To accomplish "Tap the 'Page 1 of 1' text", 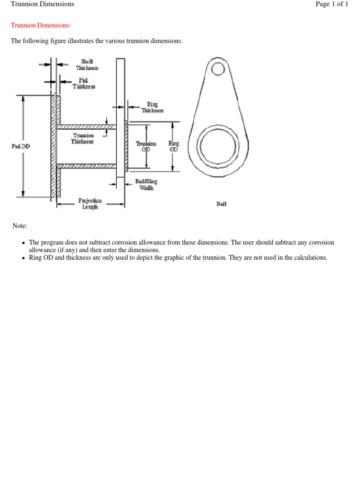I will [x=331, y=4].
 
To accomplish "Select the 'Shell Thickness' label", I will [x=87, y=65].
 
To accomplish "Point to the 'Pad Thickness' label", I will [x=83, y=83].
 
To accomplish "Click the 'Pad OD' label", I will [x=21, y=146].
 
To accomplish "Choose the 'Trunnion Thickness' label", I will [x=82, y=139].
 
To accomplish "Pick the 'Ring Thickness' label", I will [x=152, y=107].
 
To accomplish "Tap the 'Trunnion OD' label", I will [x=146, y=146].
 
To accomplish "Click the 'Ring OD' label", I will [x=173, y=146].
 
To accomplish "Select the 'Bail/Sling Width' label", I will [x=146, y=184].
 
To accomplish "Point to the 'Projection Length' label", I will [x=90, y=203].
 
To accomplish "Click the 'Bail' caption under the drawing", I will [x=221, y=204].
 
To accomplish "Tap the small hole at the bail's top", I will [x=218, y=69].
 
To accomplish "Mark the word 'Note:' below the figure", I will [x=20, y=226].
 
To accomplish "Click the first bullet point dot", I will [x=23, y=243].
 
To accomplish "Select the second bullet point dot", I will [x=23, y=258].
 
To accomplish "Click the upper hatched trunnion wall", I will [x=87, y=127].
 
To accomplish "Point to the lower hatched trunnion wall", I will [x=87, y=165].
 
